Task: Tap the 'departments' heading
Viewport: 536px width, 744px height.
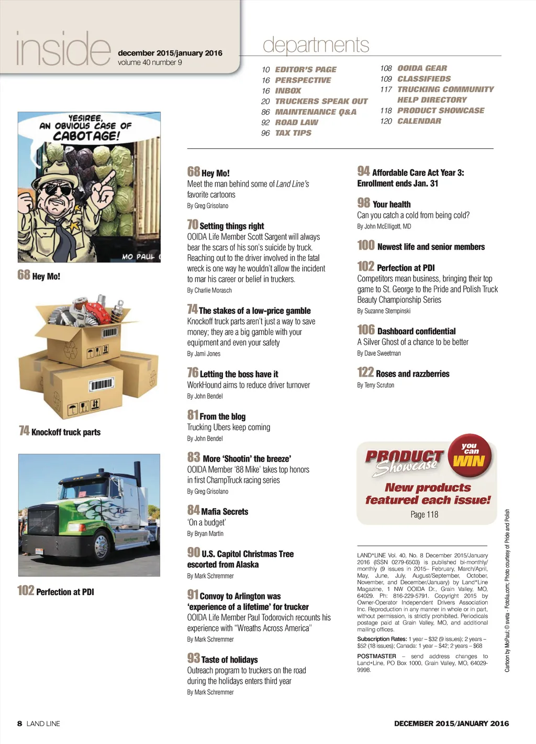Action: pos(316,45)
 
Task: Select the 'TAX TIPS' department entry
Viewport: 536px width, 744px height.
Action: pos(293,133)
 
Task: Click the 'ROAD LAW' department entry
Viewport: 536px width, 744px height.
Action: pos(296,123)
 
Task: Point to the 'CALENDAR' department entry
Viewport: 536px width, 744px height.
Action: pos(419,121)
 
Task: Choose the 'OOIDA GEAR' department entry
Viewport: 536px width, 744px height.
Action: pos(422,68)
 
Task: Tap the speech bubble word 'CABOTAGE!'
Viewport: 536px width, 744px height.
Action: pos(86,136)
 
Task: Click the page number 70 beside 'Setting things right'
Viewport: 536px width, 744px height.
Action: pos(193,225)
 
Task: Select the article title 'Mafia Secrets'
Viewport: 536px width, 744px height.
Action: pos(225,511)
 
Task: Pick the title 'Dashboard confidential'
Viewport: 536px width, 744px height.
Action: pos(416,331)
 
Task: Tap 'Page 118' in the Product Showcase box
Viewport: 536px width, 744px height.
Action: pos(424,515)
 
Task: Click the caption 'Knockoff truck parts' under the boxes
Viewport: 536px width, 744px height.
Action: pos(65,432)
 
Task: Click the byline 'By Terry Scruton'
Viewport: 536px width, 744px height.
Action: pos(375,385)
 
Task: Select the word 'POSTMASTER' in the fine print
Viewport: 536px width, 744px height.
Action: pos(376,656)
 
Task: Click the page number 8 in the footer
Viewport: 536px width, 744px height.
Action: pos(20,724)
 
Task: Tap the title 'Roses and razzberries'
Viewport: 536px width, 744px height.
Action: pos(412,374)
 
